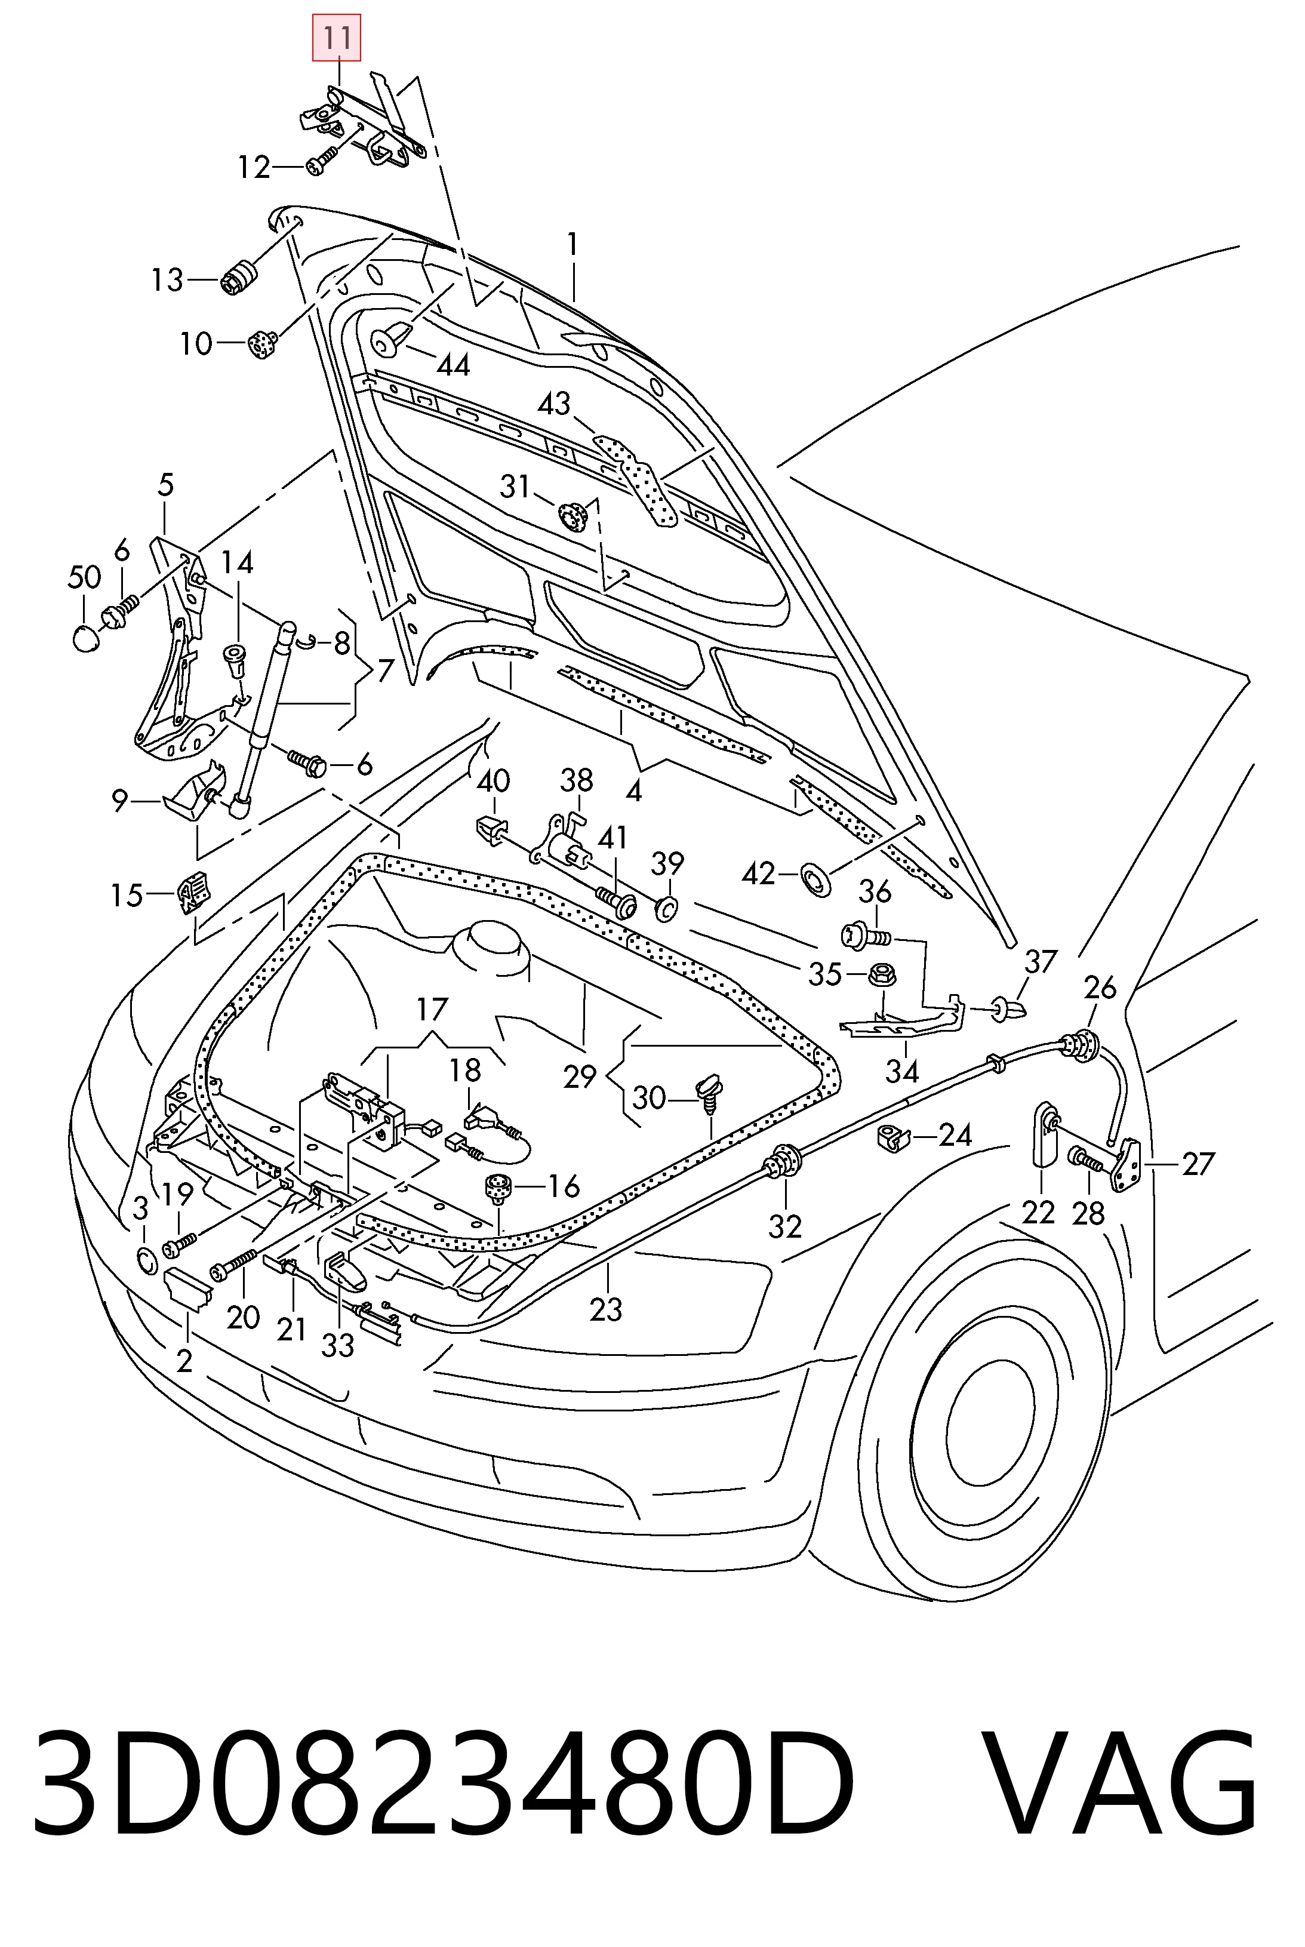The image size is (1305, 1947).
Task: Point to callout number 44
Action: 454,365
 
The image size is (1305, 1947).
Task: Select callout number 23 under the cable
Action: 606,1309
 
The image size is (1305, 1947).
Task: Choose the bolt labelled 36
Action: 866,936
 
